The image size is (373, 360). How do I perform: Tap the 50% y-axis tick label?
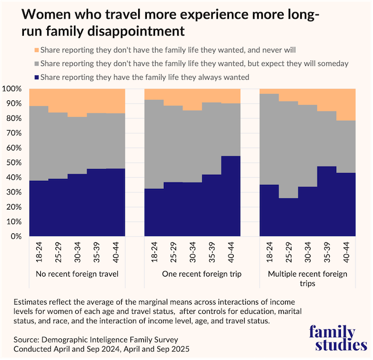(x=13, y=163)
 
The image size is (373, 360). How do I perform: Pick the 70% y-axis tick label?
(x=13, y=133)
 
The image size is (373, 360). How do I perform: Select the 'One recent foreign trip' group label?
(x=192, y=274)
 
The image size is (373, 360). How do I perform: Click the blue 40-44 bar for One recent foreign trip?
(x=230, y=196)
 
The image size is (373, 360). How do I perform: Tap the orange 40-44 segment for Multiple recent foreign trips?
(x=346, y=104)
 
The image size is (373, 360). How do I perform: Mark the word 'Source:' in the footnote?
(x=26, y=338)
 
